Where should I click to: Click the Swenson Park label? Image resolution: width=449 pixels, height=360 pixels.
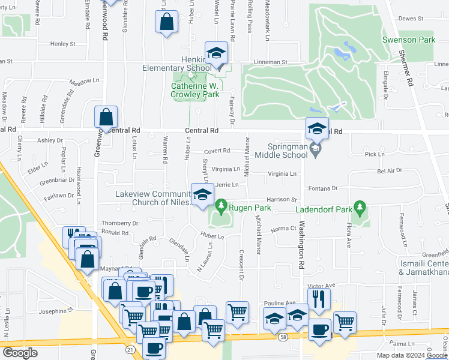coord(408,40)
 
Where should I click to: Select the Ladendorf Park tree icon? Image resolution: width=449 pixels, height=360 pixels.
coord(360,208)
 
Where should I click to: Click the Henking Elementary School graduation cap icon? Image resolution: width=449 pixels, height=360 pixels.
coord(216,53)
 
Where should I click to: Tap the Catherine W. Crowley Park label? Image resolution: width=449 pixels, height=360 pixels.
coord(195,90)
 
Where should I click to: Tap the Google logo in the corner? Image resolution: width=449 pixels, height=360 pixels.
coord(20,353)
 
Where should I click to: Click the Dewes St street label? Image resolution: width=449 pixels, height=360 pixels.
coord(411,19)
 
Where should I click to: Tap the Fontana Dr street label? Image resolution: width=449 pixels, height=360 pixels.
coord(324,188)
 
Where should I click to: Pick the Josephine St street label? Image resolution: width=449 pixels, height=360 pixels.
coord(55,310)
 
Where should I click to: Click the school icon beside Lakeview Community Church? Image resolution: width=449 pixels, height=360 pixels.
coord(203,194)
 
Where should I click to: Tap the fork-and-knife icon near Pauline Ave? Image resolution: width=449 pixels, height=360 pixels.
coord(319,298)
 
